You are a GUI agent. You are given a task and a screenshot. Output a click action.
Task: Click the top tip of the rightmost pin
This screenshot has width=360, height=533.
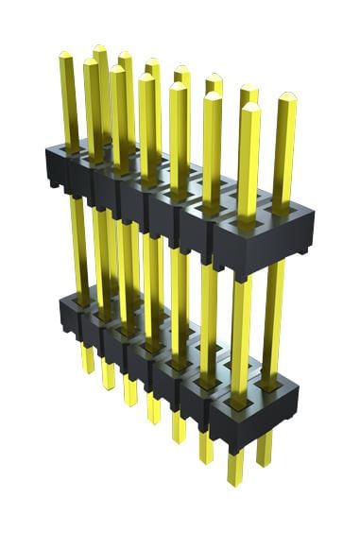285,95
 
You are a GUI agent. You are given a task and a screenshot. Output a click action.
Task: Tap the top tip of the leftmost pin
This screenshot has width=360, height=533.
66,56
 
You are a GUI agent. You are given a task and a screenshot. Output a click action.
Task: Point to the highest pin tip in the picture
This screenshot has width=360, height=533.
99,48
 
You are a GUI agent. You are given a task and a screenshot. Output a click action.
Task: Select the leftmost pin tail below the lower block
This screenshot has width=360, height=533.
88,359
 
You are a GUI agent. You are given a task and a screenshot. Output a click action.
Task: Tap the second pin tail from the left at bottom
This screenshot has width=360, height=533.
109,377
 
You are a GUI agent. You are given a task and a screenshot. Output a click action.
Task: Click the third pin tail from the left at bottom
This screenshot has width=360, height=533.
130,393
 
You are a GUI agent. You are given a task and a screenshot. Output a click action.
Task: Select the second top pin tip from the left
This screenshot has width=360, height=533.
91,63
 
